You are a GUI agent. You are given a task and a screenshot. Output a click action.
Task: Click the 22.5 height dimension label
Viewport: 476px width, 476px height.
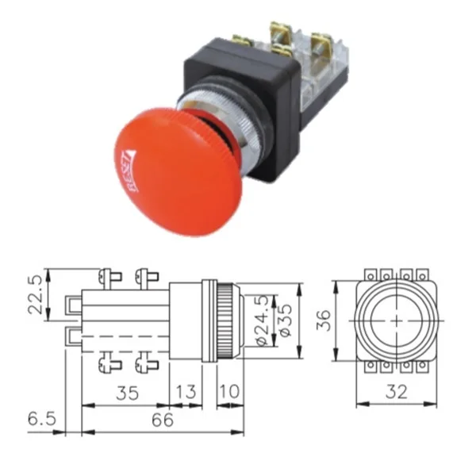(33, 295)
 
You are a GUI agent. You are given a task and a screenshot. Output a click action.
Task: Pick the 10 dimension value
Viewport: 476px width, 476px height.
(228, 393)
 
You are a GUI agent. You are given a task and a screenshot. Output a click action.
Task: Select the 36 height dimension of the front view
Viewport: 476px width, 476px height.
(321, 320)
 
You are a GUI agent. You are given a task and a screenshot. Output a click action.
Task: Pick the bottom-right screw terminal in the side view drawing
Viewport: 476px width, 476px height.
(145, 364)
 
